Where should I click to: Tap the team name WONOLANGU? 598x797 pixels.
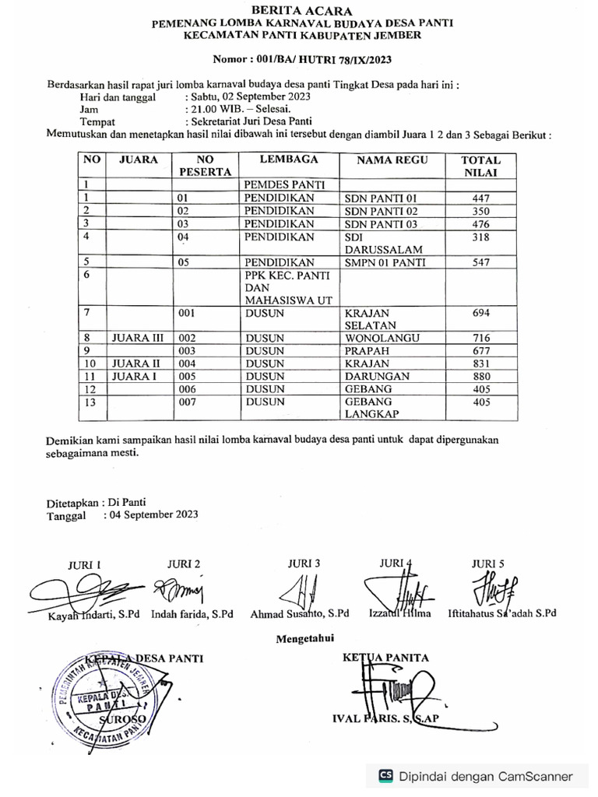point(382,339)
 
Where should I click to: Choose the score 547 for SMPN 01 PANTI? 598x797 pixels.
point(480,262)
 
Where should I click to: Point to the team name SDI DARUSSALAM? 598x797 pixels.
point(382,243)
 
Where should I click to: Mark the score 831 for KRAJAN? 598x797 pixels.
point(480,363)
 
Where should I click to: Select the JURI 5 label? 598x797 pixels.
point(489,564)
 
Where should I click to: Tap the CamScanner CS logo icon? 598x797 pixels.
point(385,776)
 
